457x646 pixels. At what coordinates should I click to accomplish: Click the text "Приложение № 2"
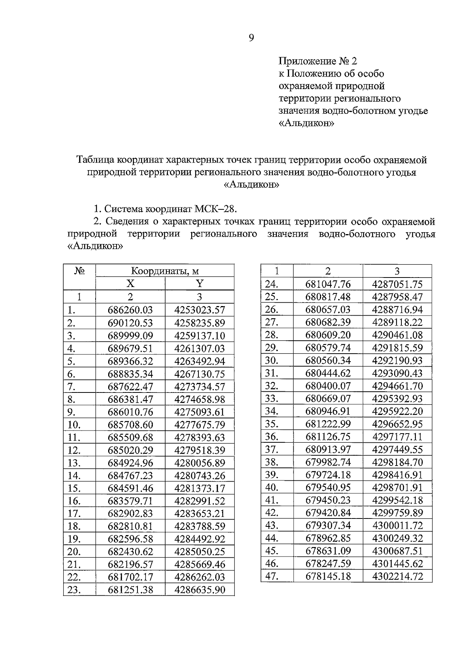[318, 61]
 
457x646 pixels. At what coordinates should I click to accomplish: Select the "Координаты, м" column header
[165, 271]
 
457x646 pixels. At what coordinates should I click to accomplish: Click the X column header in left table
[130, 284]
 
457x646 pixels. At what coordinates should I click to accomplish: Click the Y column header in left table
[200, 284]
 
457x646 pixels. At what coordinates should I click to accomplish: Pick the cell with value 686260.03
[130, 310]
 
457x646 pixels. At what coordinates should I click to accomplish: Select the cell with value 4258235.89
[200, 323]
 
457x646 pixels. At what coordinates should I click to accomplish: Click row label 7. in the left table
[72, 387]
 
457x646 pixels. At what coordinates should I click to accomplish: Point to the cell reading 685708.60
[130, 425]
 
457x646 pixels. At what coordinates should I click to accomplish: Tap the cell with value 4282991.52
[200, 501]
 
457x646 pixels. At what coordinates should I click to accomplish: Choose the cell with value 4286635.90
[200, 590]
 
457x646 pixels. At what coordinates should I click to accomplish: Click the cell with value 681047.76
[328, 284]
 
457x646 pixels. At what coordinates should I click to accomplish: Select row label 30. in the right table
[272, 360]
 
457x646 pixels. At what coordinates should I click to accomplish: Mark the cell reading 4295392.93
[397, 399]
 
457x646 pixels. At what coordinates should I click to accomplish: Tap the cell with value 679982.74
[328, 462]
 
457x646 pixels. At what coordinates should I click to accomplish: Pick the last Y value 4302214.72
[397, 576]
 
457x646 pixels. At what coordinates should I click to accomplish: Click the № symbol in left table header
[79, 271]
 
